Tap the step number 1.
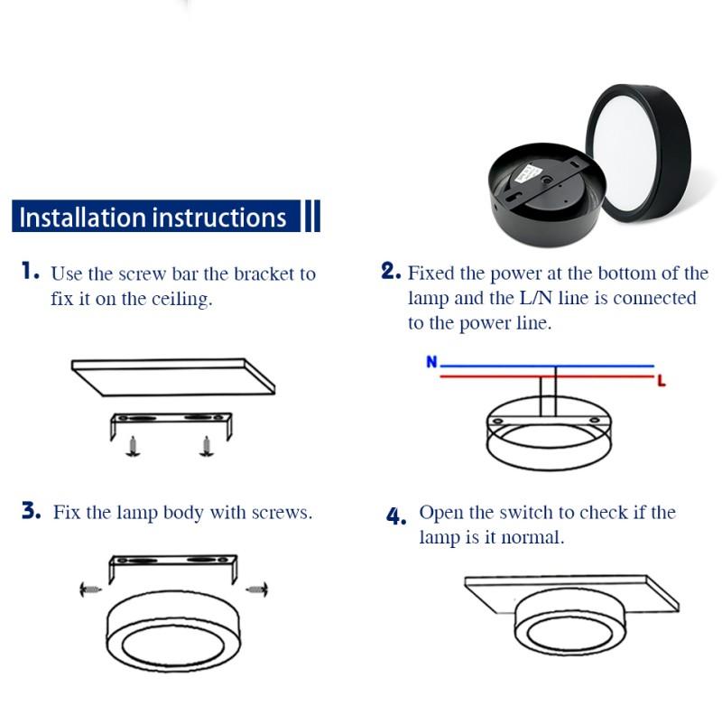(31, 271)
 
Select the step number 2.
(390, 271)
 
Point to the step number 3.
(32, 511)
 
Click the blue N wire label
(431, 362)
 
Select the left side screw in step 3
(88, 589)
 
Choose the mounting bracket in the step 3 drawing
(171, 567)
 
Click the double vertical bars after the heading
(310, 217)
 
